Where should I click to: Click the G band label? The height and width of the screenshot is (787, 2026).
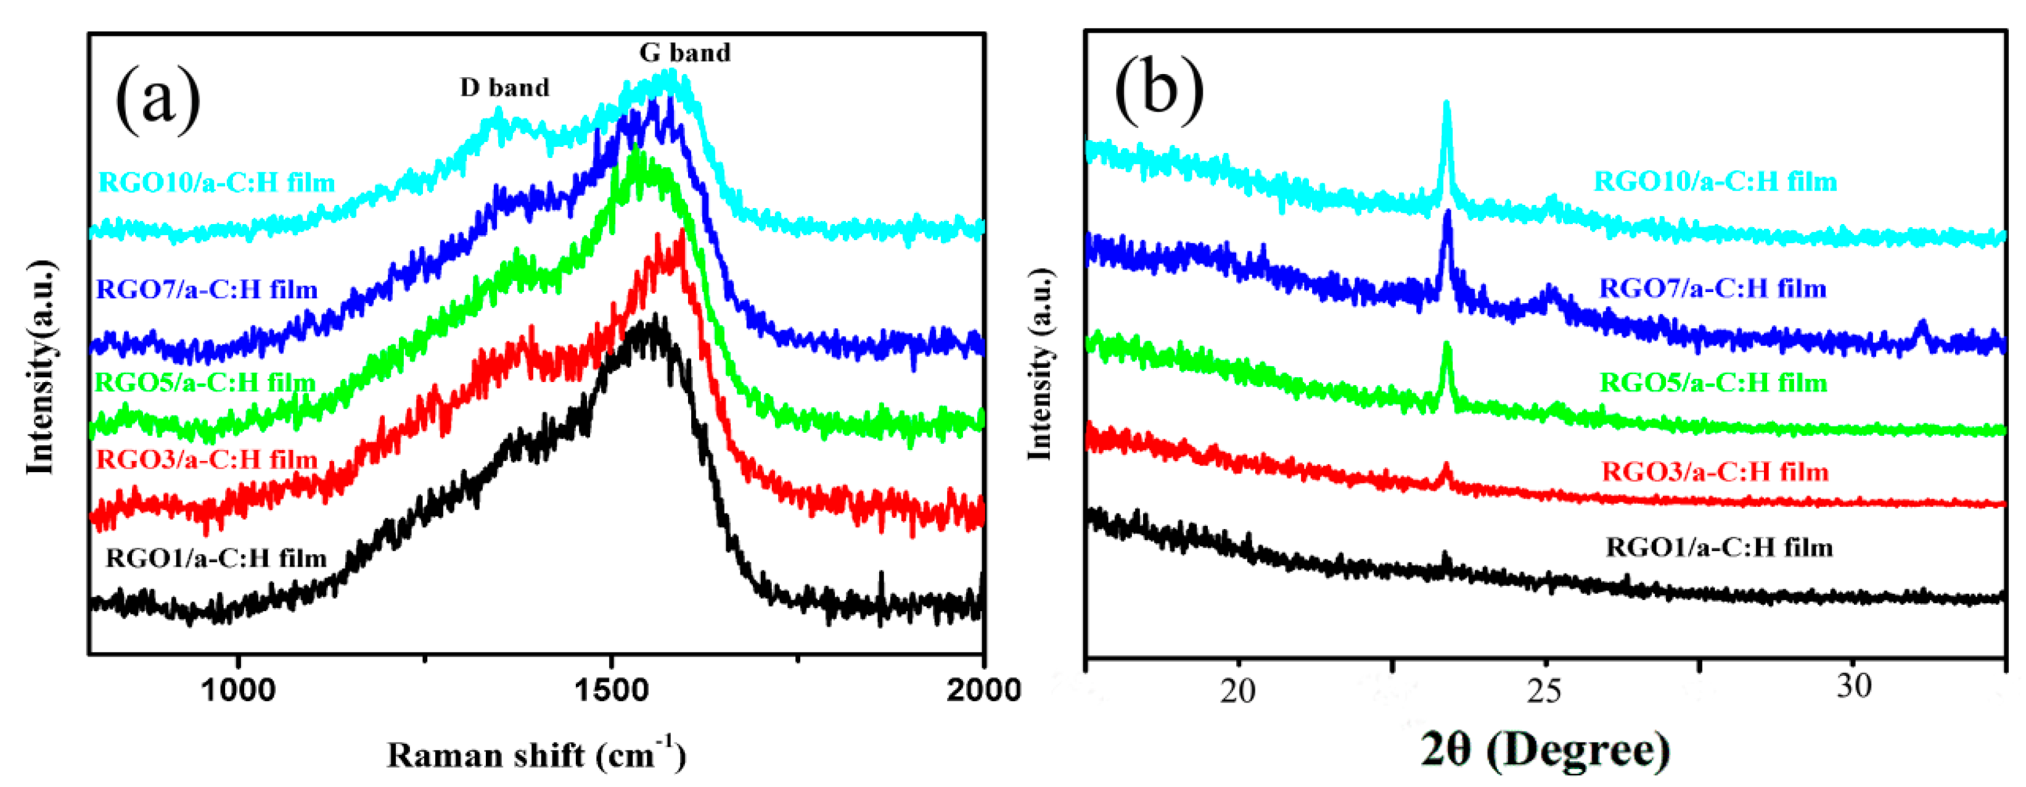point(684,52)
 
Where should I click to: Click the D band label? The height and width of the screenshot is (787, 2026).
point(504,88)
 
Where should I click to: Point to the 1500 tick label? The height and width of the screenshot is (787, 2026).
point(611,691)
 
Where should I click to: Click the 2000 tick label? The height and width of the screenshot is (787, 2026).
point(982,691)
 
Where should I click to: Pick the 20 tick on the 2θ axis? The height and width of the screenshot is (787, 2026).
point(1238,690)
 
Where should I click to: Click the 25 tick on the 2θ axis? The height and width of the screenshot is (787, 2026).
point(1544,690)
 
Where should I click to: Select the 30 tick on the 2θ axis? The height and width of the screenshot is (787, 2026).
point(1854,686)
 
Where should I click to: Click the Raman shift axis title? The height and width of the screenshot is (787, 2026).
point(536,756)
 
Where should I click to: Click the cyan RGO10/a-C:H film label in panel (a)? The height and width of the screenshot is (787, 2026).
point(217,183)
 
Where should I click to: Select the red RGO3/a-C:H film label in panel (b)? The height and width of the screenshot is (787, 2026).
point(1715,472)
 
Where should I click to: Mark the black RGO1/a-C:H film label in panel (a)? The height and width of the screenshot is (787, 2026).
point(216,559)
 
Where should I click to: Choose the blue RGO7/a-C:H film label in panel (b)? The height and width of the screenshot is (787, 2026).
point(1713,289)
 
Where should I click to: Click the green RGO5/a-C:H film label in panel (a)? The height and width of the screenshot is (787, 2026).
point(205,383)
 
